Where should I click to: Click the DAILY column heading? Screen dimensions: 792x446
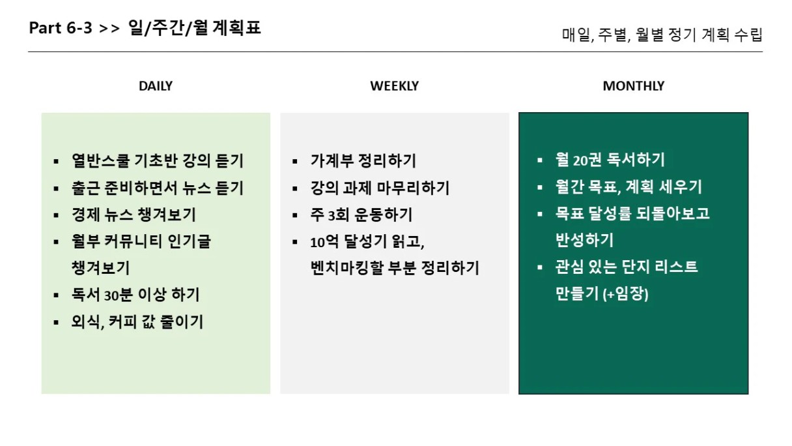coord(156,86)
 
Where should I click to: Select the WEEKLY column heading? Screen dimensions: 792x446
coord(394,86)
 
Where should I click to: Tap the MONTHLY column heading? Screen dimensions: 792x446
coord(633,86)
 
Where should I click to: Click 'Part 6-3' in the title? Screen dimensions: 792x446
coord(61,27)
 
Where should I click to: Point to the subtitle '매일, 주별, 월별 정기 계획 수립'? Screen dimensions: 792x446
coord(662,35)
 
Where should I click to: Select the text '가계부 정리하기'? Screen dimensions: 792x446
coord(363,160)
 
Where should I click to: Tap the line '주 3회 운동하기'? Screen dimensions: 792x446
coord(361,215)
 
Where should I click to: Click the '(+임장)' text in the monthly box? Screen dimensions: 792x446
coord(625,294)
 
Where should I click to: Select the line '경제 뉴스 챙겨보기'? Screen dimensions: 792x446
coord(134,215)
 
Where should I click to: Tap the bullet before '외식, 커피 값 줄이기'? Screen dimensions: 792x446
coord(56,323)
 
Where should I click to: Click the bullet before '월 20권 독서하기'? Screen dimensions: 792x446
coord(539,160)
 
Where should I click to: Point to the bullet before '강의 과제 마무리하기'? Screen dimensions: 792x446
coord(295,188)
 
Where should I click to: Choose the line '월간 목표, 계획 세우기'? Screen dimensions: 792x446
coord(629,187)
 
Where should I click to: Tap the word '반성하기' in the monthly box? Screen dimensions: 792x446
coord(584,240)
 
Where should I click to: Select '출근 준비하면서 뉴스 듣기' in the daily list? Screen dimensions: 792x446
coord(158,188)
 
